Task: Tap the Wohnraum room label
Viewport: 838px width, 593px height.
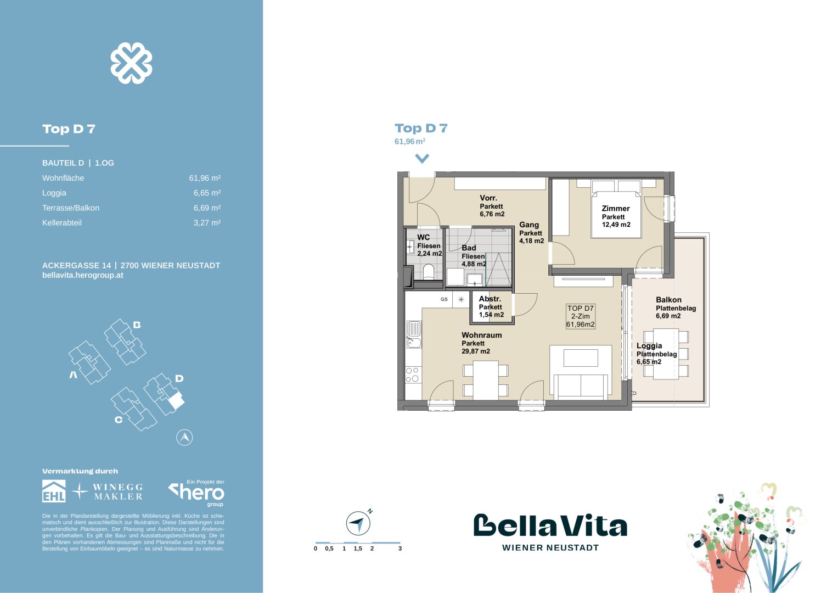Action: click(481, 335)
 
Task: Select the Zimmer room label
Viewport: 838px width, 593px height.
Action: click(615, 209)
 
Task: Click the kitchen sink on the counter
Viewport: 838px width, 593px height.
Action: click(414, 334)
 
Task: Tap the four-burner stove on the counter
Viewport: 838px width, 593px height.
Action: click(413, 374)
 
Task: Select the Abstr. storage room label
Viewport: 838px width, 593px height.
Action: click(490, 299)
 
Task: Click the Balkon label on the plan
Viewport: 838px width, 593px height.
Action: click(668, 300)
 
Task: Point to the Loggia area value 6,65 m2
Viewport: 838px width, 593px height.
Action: click(649, 362)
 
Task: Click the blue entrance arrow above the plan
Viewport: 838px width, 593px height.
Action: click(422, 159)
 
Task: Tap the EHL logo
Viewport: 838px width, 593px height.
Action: click(54, 491)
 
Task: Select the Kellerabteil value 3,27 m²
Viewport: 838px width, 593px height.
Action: click(207, 223)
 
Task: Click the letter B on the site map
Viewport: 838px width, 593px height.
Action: click(137, 325)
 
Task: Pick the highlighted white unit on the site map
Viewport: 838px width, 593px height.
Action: click(176, 400)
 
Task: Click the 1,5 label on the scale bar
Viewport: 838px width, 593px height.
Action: click(358, 549)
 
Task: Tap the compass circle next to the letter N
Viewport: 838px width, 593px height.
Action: click(358, 523)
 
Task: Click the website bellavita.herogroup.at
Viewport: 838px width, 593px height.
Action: click(83, 275)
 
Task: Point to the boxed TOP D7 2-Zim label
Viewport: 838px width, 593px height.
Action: click(580, 316)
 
